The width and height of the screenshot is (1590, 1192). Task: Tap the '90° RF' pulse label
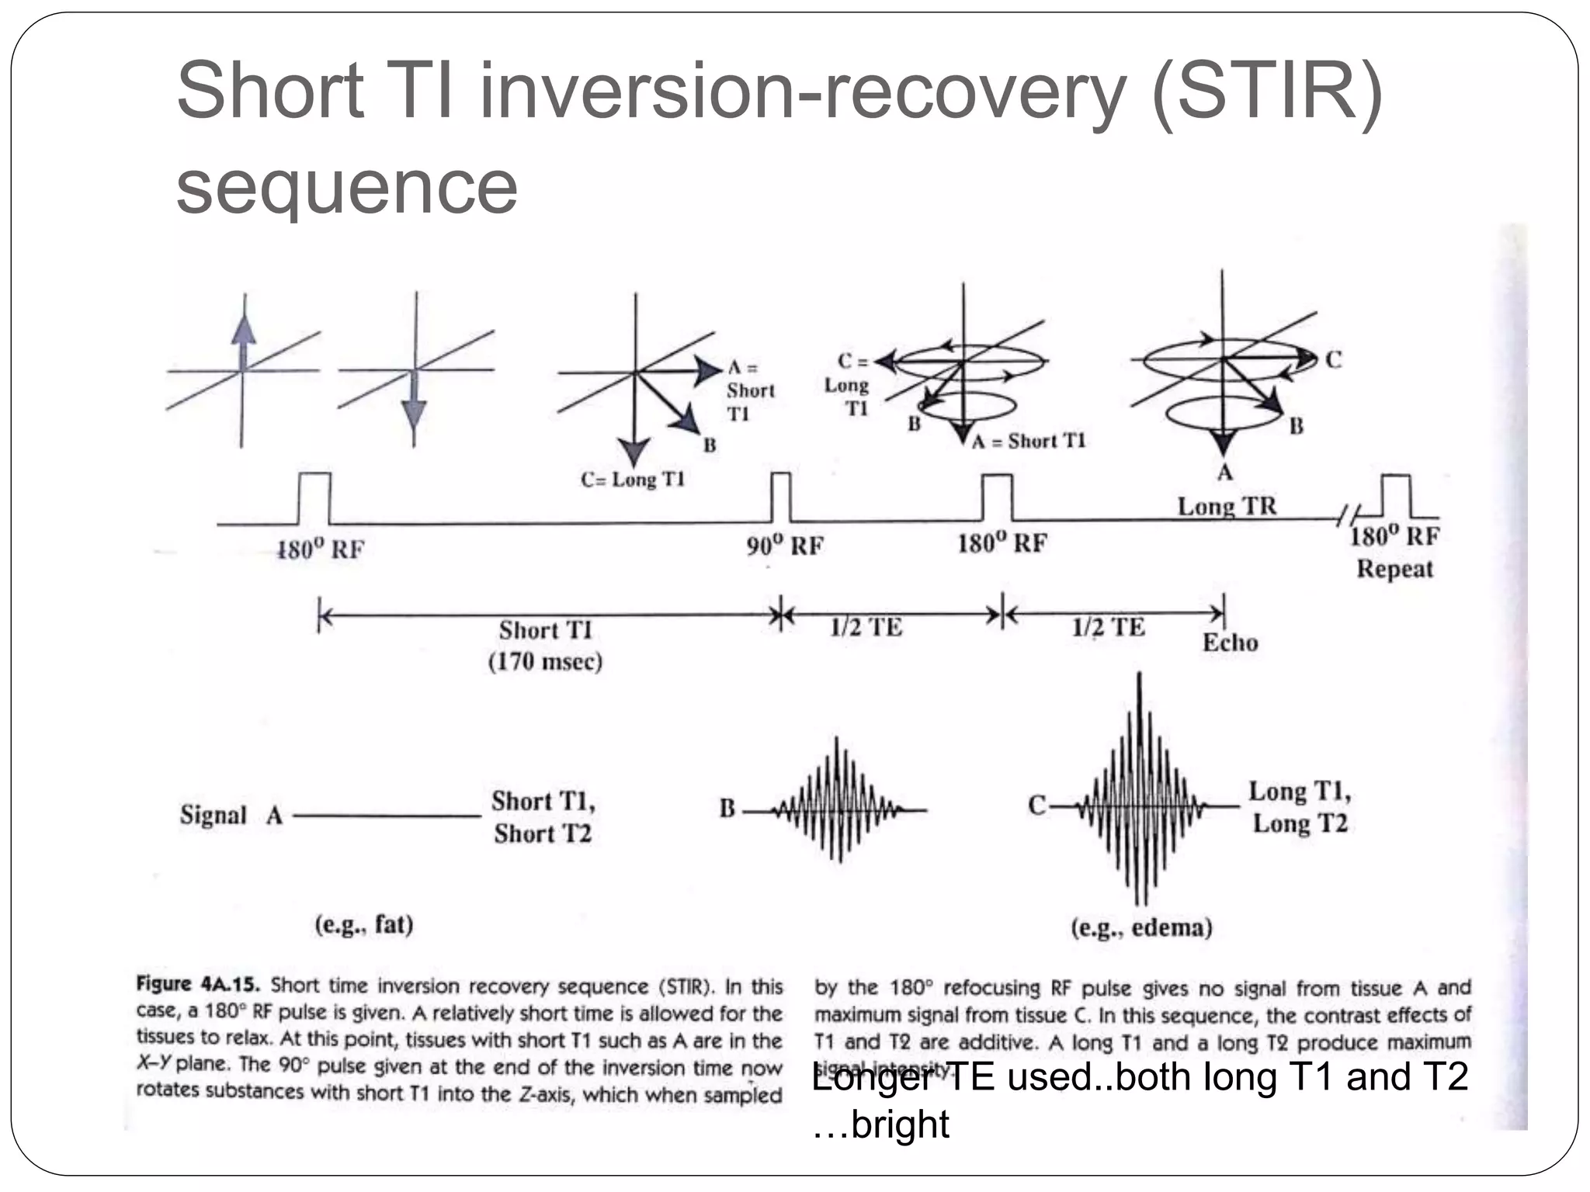785,546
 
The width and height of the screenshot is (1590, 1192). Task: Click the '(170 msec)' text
545,662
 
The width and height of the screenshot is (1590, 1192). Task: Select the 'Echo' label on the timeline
1230,643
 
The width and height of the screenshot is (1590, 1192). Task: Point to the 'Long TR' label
1227,506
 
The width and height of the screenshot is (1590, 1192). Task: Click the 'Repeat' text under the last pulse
1394,569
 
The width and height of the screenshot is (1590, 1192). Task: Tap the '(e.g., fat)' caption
363,924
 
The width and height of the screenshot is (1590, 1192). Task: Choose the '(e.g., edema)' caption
1141,927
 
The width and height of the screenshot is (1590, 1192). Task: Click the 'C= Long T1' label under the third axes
632,480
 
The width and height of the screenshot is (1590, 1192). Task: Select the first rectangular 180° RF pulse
314,498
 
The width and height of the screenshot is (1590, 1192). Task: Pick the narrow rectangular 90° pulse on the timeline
781,497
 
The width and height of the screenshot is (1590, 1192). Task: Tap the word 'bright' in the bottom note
900,1124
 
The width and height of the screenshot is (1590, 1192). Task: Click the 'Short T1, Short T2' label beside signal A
543,816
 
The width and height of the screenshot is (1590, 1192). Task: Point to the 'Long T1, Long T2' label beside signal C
1300,807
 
